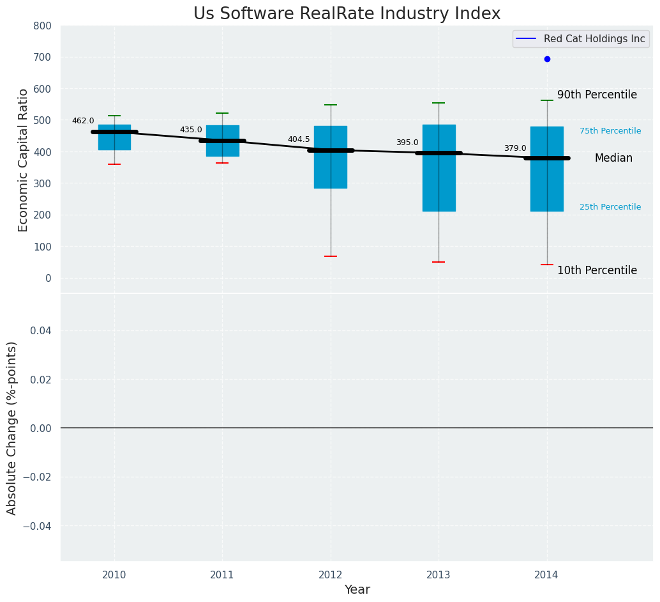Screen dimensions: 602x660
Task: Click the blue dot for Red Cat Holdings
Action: pyautogui.click(x=547, y=59)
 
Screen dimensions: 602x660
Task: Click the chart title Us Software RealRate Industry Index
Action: pyautogui.click(x=347, y=14)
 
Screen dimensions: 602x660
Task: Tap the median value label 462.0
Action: pyautogui.click(x=83, y=121)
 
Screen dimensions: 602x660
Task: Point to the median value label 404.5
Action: pyautogui.click(x=299, y=139)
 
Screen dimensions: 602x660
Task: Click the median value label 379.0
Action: pyautogui.click(x=515, y=148)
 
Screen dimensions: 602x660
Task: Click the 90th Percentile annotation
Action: pyautogui.click(x=597, y=95)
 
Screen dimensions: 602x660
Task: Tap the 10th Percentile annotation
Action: pyautogui.click(x=597, y=270)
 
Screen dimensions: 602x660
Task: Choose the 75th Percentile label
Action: pyautogui.click(x=610, y=131)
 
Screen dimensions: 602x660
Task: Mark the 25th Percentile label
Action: pyautogui.click(x=610, y=207)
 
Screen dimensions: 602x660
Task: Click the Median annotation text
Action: pyautogui.click(x=613, y=158)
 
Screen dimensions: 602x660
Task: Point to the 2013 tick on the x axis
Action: pyautogui.click(x=439, y=575)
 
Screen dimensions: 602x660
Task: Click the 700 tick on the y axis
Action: pyautogui.click(x=42, y=58)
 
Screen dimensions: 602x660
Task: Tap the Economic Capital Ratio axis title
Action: pyautogui.click(x=24, y=160)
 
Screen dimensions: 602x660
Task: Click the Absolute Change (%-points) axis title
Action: pyautogui.click(x=12, y=428)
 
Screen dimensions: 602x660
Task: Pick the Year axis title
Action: pyautogui.click(x=357, y=590)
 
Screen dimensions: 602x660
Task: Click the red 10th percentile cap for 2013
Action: pyautogui.click(x=439, y=262)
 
